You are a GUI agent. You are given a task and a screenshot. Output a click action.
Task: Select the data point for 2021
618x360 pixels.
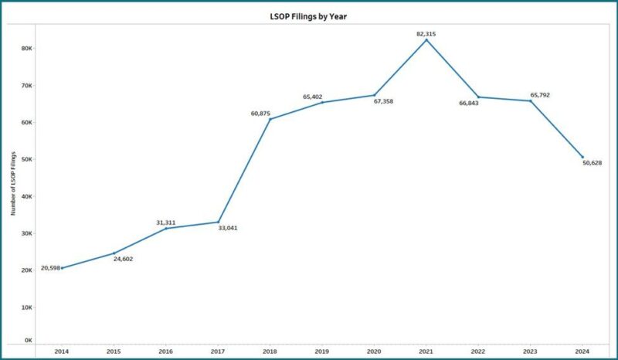pyautogui.click(x=426, y=39)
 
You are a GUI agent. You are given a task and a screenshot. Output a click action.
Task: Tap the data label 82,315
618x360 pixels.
pyautogui.click(x=426, y=33)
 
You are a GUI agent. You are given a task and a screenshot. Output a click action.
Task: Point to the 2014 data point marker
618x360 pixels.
pyautogui.click(x=62, y=268)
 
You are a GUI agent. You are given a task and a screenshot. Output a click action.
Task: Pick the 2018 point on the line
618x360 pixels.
pyautogui.click(x=270, y=119)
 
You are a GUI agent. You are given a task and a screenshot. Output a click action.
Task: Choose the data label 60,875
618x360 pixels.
pyautogui.click(x=260, y=114)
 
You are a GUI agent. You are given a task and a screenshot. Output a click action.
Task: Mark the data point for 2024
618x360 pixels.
pyautogui.click(x=582, y=157)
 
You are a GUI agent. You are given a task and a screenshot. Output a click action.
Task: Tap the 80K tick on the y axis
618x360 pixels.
pyautogui.click(x=26, y=48)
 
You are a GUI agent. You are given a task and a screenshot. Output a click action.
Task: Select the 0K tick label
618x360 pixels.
pyautogui.click(x=28, y=340)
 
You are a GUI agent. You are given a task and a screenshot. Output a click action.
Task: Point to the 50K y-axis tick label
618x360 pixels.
pyautogui.click(x=26, y=159)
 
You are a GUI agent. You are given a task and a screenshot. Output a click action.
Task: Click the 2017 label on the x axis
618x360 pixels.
pyautogui.click(x=218, y=352)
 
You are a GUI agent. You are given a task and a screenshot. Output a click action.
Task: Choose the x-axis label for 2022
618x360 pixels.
pyautogui.click(x=478, y=352)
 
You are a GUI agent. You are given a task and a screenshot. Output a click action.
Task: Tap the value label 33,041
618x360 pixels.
pyautogui.click(x=227, y=228)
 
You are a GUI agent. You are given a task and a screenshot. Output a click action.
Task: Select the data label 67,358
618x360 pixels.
pyautogui.click(x=383, y=101)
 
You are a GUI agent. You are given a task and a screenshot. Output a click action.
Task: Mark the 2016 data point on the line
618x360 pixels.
pyautogui.click(x=166, y=228)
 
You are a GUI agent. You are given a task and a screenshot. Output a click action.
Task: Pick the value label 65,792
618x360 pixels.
pyautogui.click(x=539, y=95)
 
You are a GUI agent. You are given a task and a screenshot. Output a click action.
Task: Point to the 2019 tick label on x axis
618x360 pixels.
pyautogui.click(x=322, y=352)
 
